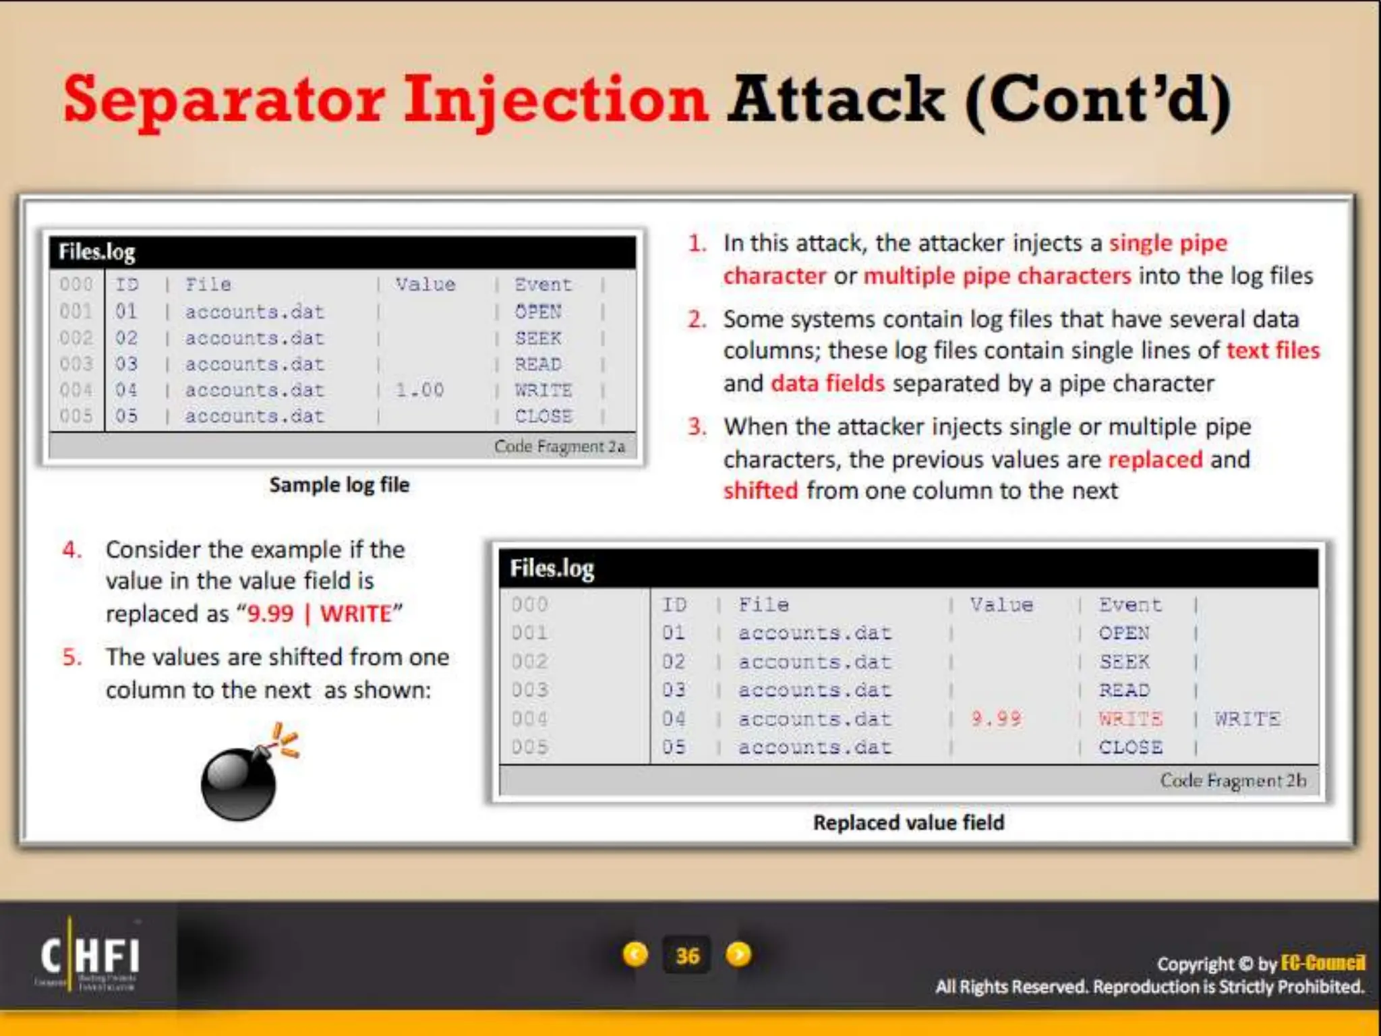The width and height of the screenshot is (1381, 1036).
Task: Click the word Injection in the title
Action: pos(556,101)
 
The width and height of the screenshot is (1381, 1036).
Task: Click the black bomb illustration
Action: pos(240,782)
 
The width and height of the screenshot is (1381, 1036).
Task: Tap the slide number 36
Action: pos(687,955)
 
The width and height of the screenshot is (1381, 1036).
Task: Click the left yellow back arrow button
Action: pos(635,954)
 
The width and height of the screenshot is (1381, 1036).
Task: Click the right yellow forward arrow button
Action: pos(738,954)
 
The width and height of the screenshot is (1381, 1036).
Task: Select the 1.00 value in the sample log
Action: pos(419,390)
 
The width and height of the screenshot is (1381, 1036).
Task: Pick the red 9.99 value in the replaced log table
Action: pos(996,718)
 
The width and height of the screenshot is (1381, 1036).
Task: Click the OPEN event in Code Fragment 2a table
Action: pos(538,312)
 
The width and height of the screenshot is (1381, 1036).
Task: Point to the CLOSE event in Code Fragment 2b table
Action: pos(1130,747)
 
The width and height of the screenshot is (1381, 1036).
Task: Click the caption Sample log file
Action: pos(339,484)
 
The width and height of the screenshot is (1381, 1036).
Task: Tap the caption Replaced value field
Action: pos(908,822)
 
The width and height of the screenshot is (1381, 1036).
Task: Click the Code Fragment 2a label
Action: pos(559,447)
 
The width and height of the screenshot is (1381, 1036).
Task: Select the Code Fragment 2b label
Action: pos(1233,780)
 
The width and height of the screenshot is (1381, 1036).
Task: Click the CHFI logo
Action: pos(90,956)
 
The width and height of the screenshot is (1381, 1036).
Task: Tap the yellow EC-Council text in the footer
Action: pos(1322,962)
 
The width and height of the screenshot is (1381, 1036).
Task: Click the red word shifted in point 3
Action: pos(761,490)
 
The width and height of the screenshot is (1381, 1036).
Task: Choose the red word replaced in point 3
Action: pos(1155,459)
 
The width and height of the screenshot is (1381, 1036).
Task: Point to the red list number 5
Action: pos(72,657)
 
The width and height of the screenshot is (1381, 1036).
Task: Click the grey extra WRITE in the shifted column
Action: pos(1247,718)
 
